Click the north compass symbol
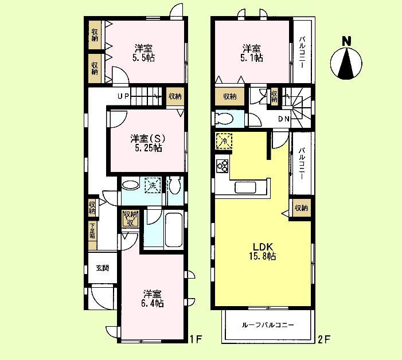coord(346,60)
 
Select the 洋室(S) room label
coord(146,138)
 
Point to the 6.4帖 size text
coord(153,303)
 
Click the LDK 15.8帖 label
coord(263,252)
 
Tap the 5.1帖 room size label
coord(252,57)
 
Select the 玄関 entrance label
coord(102,268)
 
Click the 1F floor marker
coord(196,338)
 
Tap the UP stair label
coord(123,96)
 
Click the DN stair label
coord(283,119)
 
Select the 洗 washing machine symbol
coord(152,185)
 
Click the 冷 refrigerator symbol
coord(223,141)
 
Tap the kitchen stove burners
coord(223,166)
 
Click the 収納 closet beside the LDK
coord(301,208)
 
